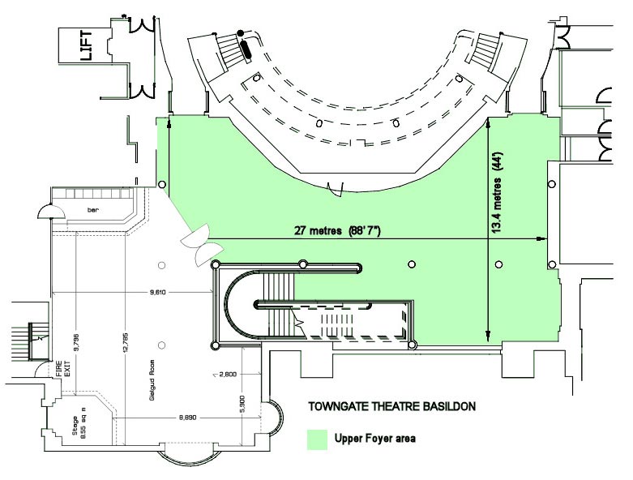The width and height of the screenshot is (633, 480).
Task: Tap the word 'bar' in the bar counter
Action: coord(93,209)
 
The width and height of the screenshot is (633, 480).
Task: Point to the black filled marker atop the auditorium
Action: coord(239,34)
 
